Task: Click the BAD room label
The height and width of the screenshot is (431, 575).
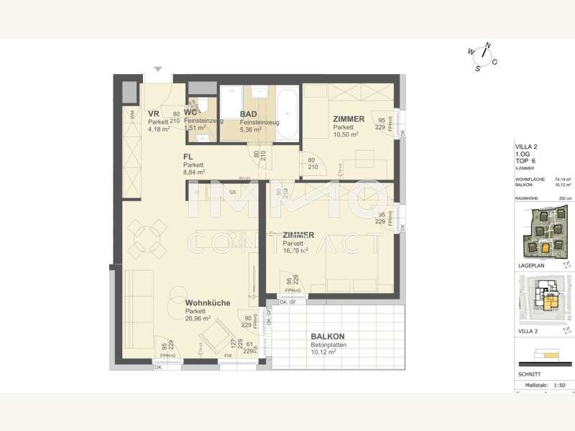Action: [x=248, y=114]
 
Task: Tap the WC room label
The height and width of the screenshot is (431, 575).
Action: [x=190, y=113]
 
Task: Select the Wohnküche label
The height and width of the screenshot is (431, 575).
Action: [x=208, y=303]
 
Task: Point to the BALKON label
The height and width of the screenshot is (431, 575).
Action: [x=327, y=336]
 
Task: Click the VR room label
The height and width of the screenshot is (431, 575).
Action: [x=153, y=114]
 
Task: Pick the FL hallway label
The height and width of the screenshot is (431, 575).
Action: [x=188, y=157]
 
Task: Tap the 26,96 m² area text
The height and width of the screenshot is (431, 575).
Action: [x=198, y=318]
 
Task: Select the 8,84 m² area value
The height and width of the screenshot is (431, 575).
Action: [x=194, y=172]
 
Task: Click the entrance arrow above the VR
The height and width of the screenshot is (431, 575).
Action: [x=158, y=70]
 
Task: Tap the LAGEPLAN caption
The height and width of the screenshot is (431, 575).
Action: [x=530, y=265]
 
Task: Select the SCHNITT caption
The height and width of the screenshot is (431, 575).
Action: [x=529, y=374]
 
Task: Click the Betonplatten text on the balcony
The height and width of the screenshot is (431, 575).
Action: [x=328, y=345]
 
